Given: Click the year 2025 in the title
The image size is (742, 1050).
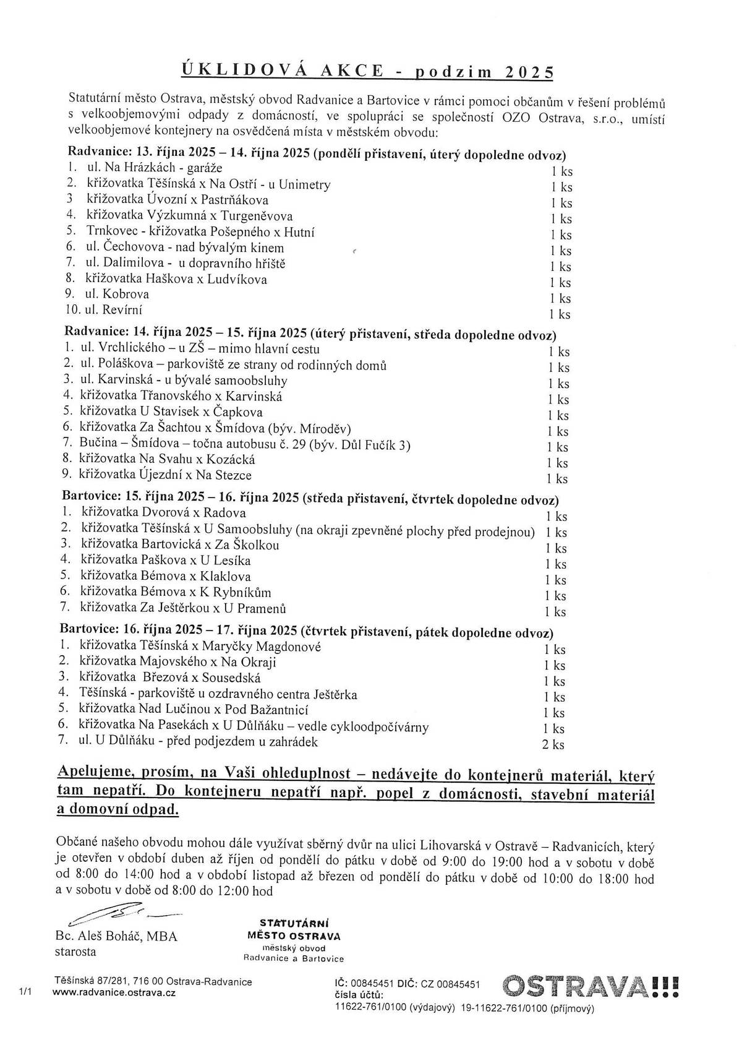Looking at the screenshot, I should point(529,72).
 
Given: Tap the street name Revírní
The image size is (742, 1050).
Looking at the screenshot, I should point(127,310).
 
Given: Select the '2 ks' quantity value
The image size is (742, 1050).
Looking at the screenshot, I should point(553,745).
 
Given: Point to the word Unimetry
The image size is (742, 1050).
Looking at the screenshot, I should point(307,184).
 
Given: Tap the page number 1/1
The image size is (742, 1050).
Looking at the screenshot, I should point(25,992).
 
